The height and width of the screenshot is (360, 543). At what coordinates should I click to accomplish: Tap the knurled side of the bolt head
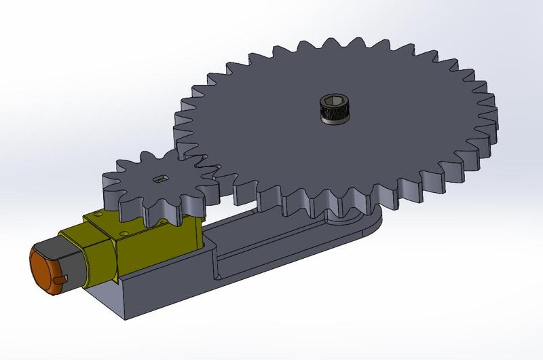point(333,117)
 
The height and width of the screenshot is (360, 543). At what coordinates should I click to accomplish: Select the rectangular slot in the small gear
point(161,179)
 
